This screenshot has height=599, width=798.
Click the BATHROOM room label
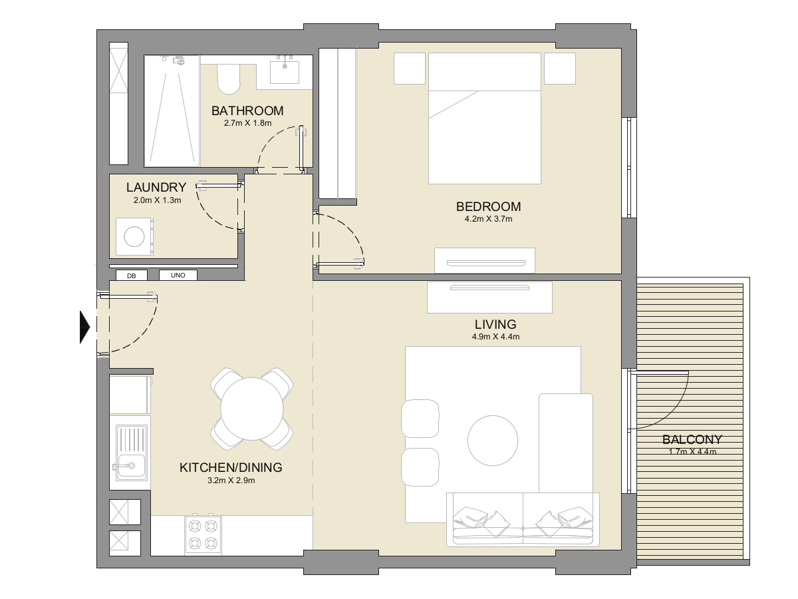247,111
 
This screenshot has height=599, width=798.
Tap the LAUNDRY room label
156,188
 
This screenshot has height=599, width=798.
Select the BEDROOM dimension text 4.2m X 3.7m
488,218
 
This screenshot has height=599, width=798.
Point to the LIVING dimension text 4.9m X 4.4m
495,337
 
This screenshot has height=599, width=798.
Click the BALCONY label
692,440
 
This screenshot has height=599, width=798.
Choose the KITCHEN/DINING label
231,468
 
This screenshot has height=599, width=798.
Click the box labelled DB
132,276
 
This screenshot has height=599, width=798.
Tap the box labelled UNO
178,276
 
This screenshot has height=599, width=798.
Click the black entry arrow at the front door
84,327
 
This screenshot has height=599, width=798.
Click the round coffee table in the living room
492,441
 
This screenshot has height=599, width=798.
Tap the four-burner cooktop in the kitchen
203,534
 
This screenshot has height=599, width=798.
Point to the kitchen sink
130,453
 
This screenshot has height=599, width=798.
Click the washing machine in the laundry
135,237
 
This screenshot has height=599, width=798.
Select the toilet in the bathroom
228,79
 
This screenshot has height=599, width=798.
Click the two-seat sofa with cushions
523,520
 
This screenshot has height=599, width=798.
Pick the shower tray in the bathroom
172,111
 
